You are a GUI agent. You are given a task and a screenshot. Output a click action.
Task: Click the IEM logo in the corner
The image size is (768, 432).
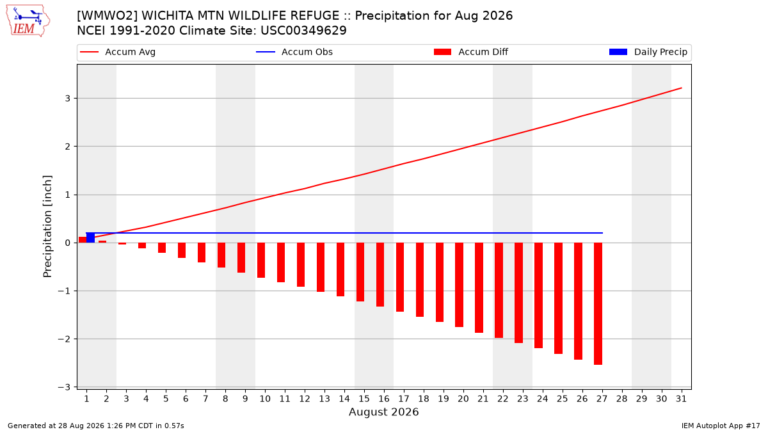[x=28, y=21]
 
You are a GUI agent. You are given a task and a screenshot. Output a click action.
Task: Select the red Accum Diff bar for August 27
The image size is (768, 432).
[x=598, y=304]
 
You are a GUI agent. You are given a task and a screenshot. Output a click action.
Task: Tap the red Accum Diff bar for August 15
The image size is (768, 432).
[x=360, y=272]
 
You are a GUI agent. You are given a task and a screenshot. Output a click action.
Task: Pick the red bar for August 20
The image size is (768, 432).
[x=459, y=285]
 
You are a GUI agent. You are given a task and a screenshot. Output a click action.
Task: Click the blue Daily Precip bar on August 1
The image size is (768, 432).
[x=90, y=237]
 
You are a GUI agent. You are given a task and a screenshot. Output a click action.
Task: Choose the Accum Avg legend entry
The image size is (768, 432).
[x=118, y=52]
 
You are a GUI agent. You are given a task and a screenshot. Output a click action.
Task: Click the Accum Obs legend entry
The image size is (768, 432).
[x=294, y=52]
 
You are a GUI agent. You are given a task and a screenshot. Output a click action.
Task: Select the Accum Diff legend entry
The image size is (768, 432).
[x=471, y=52]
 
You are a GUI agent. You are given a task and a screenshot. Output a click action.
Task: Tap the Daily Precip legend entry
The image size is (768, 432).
[x=648, y=52]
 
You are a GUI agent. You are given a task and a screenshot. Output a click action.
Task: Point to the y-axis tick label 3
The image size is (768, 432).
[x=67, y=99]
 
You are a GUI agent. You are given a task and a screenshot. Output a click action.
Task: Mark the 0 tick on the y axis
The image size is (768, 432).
[x=67, y=243]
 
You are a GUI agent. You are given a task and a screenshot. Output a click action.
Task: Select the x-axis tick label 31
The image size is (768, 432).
[x=681, y=399]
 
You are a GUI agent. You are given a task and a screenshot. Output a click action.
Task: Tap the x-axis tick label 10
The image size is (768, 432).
[x=265, y=399]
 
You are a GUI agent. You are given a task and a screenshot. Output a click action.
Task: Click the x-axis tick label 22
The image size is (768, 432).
[x=502, y=399]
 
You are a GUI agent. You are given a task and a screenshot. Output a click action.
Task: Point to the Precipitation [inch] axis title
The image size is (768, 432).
[x=47, y=227]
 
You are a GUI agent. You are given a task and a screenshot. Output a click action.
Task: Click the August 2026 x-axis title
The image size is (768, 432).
[x=383, y=412]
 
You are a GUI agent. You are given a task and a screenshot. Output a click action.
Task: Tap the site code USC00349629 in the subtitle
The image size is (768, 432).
[x=303, y=31]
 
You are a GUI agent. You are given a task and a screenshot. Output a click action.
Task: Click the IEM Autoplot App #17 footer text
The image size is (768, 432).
[x=721, y=426]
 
